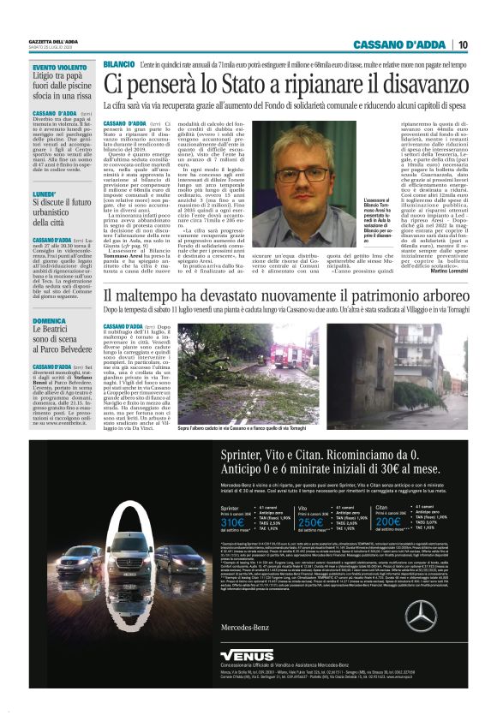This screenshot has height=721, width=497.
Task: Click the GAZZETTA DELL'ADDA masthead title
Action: click(x=56, y=42)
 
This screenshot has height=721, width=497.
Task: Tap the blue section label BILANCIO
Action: click(x=118, y=65)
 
